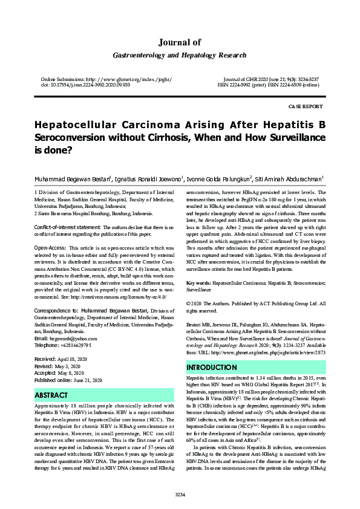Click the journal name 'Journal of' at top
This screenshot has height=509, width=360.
(x=180, y=42)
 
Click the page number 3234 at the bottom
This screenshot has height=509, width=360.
(x=180, y=494)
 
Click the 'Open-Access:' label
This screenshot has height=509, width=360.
(x=50, y=248)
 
